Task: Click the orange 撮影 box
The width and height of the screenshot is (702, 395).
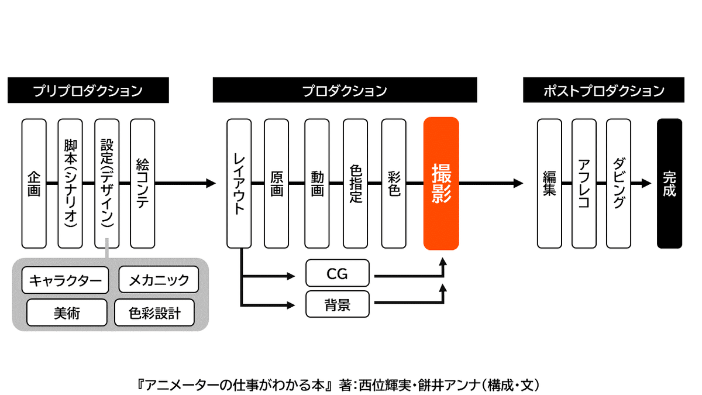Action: [x=441, y=183]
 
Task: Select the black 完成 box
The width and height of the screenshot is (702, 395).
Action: [x=669, y=183]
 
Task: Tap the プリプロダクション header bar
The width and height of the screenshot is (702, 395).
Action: [x=88, y=90]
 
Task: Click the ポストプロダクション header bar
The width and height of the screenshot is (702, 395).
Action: [x=604, y=90]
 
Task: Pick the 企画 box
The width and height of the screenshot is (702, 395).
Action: [x=34, y=183]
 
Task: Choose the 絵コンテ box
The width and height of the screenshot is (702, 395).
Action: [x=143, y=183]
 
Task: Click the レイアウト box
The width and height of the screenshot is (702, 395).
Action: [x=239, y=183]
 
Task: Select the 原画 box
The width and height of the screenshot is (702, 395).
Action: [x=276, y=183]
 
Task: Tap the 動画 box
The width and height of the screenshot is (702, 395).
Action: [x=317, y=183]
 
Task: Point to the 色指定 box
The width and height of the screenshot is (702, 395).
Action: [x=356, y=183]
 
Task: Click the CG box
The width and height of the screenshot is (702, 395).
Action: [x=338, y=273]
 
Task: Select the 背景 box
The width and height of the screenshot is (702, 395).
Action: [x=338, y=304]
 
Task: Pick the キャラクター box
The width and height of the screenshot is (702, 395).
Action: [x=65, y=280]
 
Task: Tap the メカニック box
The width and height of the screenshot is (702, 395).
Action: [x=159, y=280]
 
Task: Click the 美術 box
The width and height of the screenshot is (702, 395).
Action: [x=67, y=312]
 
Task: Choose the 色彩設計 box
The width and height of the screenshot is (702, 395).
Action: [x=154, y=312]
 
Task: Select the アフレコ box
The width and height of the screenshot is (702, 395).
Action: [x=584, y=183]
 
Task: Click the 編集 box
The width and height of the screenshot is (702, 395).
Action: [x=549, y=183]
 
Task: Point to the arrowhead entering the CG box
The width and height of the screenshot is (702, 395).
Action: [x=291, y=276]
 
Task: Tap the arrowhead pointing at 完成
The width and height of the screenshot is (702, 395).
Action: [x=646, y=183]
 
